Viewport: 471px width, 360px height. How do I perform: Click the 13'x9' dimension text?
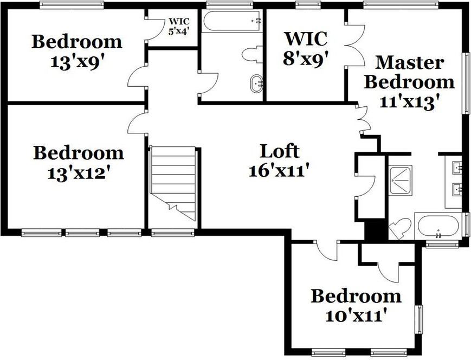pos(76,62)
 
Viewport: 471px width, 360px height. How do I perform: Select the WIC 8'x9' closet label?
pos(306,49)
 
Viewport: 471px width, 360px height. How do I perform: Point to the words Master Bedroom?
pos(409,72)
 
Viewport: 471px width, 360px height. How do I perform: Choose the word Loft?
pos(279,151)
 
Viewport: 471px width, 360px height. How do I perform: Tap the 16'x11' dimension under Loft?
pos(279,171)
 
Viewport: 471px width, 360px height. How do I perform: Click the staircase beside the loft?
pos(173,182)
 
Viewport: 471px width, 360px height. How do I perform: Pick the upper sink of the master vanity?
pos(457,167)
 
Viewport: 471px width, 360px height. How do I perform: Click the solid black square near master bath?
pos(375,230)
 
